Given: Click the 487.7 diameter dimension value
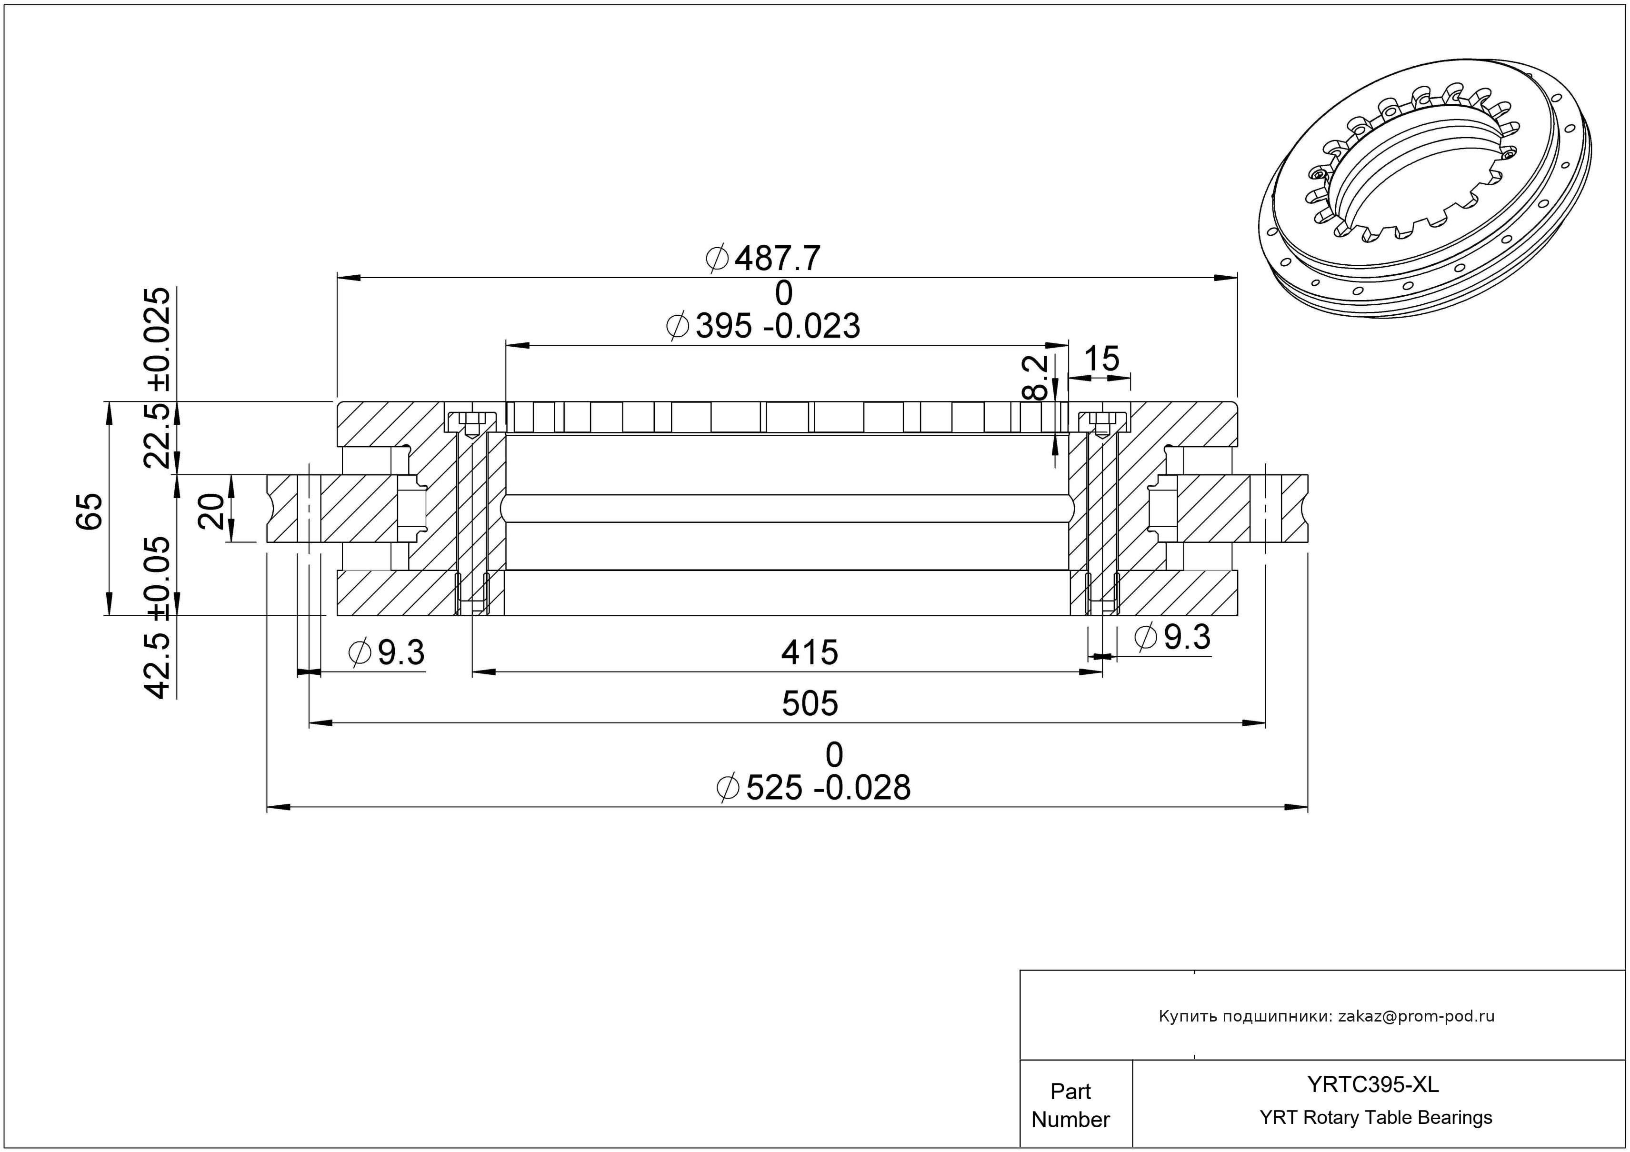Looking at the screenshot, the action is [x=763, y=259].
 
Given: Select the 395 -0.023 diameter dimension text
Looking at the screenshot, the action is [x=763, y=326].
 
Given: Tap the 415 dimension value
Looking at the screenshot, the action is [x=810, y=652].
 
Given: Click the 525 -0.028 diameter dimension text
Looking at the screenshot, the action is [x=814, y=788].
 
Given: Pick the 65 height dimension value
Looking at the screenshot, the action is [x=90, y=511].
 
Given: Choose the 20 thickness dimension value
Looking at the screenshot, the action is [x=211, y=511].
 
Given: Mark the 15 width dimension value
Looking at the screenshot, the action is [x=1101, y=359].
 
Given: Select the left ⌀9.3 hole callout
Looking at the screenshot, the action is [x=387, y=653].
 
